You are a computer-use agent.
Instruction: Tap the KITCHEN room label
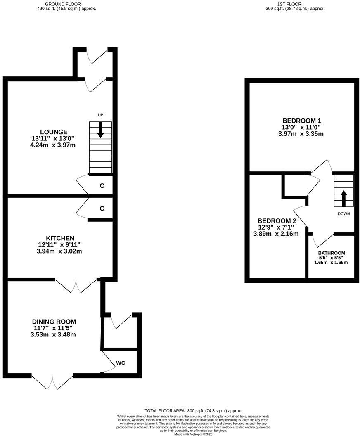pyautogui.click(x=60, y=238)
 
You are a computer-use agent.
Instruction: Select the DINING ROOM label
pyautogui.click(x=54, y=322)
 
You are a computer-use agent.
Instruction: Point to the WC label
pyautogui.click(x=121, y=363)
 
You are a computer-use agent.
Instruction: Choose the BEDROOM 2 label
pyautogui.click(x=277, y=221)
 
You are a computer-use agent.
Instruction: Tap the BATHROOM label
pyautogui.click(x=332, y=253)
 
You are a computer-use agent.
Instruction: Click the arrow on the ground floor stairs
pyautogui.click(x=100, y=130)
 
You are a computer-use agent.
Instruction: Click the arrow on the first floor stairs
pyautogui.click(x=343, y=198)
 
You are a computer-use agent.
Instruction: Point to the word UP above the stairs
pyautogui.click(x=100, y=115)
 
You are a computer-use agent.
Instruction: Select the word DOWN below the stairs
pyautogui.click(x=344, y=214)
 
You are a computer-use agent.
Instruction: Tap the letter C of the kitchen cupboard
pyautogui.click(x=102, y=209)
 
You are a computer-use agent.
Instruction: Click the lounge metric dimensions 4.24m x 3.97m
pyautogui.click(x=53, y=145)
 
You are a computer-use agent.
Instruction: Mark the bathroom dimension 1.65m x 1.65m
pyautogui.click(x=331, y=263)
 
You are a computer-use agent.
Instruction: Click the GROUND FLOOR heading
pyautogui.click(x=66, y=4)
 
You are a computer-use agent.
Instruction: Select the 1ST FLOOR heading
pyautogui.click(x=295, y=4)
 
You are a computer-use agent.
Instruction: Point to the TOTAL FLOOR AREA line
pyautogui.click(x=193, y=411)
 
